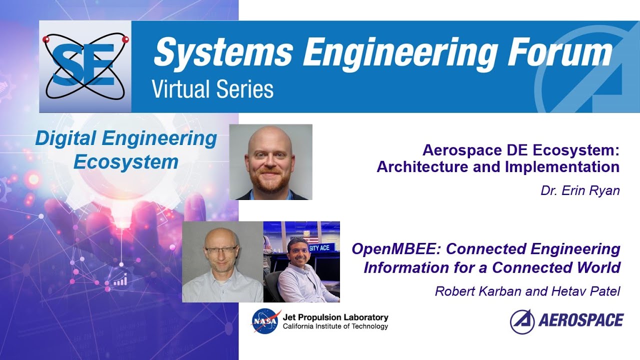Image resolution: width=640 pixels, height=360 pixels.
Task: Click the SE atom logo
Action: click(x=85, y=66)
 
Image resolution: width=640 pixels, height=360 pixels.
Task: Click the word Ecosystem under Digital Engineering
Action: click(x=125, y=162)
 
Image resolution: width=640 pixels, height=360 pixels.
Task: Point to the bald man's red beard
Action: click(x=270, y=183)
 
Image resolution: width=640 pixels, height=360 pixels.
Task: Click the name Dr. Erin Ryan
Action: click(x=580, y=191)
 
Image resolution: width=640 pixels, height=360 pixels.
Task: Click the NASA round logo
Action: click(x=266, y=321)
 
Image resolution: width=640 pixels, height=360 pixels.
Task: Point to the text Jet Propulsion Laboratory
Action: click(x=335, y=317)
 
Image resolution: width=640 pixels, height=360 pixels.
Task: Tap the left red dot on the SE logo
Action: click(x=46, y=39)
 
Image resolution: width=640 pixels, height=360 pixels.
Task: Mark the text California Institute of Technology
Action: click(x=335, y=326)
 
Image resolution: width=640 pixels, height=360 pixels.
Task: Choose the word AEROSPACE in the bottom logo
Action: click(x=581, y=320)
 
